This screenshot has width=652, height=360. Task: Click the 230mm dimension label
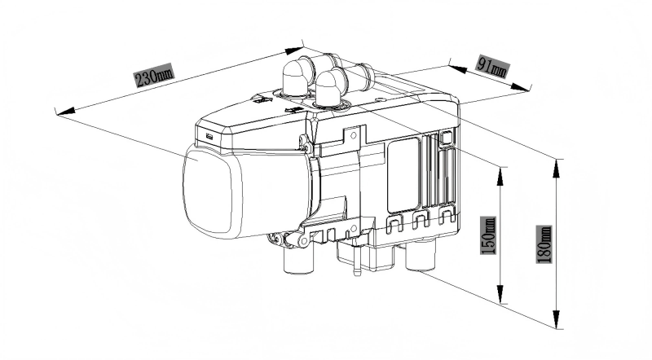[153, 75]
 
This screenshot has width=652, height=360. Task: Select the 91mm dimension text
[492, 66]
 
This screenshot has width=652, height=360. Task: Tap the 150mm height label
[488, 235]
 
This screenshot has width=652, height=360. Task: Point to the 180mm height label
[544, 244]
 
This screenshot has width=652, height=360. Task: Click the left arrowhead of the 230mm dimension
[66, 111]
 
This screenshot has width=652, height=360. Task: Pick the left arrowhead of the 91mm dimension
[457, 68]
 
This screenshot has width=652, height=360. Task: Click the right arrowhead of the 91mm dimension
[521, 87]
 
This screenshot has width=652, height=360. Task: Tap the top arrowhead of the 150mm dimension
[501, 176]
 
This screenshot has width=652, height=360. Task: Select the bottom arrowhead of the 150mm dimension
[501, 294]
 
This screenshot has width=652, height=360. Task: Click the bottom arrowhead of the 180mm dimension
[557, 318]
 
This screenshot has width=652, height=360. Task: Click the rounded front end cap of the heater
[208, 192]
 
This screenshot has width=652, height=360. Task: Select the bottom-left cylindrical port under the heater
[298, 259]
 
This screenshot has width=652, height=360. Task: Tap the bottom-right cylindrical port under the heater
[421, 255]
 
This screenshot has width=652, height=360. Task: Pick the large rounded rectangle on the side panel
[403, 175]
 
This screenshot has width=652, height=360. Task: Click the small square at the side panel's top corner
[447, 138]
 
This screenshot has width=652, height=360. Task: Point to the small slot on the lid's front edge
[209, 136]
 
